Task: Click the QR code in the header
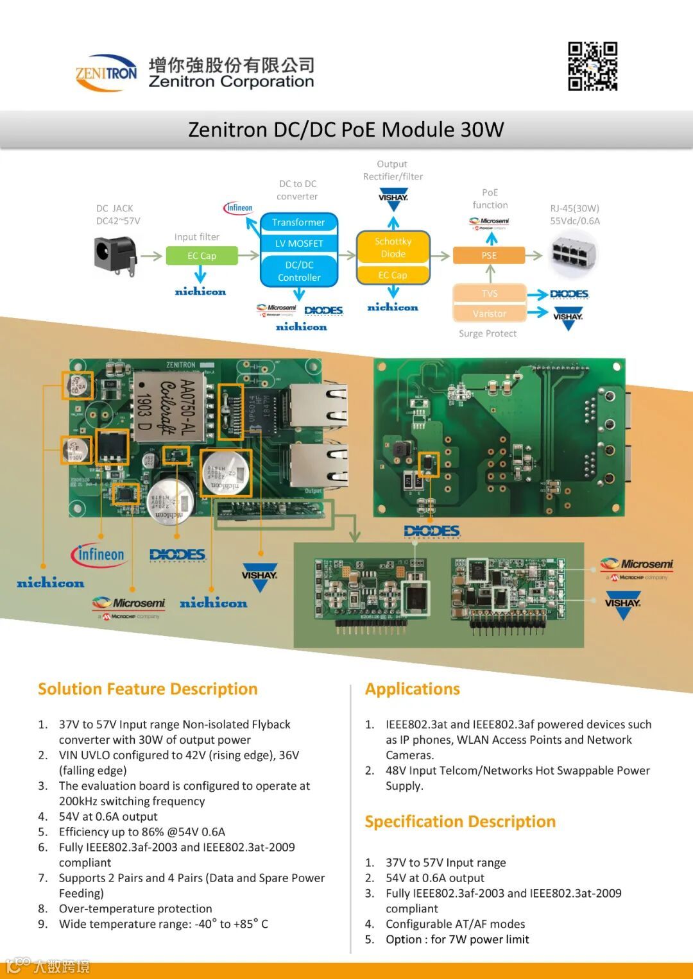(x=592, y=66)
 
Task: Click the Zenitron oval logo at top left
(x=107, y=72)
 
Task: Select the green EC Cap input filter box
(x=202, y=256)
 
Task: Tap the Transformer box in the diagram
(x=298, y=222)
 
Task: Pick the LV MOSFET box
(x=299, y=244)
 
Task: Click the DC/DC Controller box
(x=299, y=271)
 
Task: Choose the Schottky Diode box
(x=393, y=247)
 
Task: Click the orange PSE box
(x=489, y=255)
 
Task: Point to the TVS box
(x=490, y=294)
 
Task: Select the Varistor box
(x=490, y=314)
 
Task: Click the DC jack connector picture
(x=116, y=255)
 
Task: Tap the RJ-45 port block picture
(x=574, y=253)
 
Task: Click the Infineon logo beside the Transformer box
(x=239, y=208)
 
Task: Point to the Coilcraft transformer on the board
(x=168, y=405)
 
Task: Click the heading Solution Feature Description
(x=148, y=689)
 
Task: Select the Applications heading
(x=413, y=689)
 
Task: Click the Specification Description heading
(x=460, y=822)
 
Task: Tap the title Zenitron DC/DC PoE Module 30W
(x=346, y=130)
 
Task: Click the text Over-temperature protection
(x=135, y=908)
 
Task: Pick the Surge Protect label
(x=488, y=333)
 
